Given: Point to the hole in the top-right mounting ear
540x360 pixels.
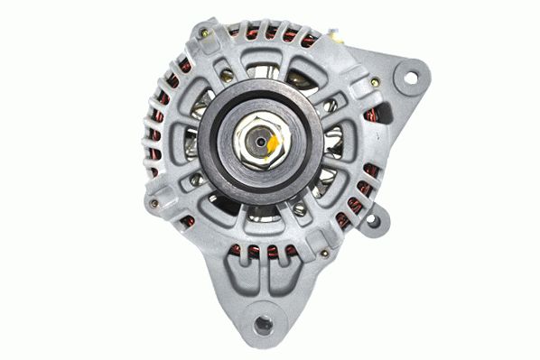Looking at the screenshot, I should pyautogui.click(x=411, y=78).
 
